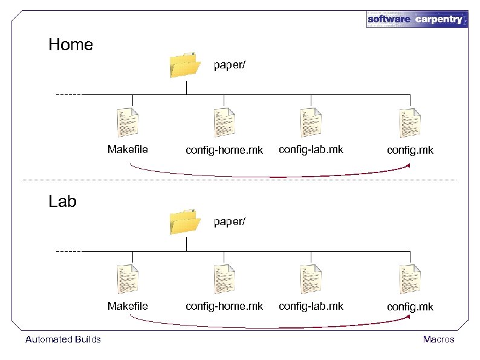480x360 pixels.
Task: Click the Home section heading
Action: [71, 45]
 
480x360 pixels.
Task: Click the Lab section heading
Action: [62, 201]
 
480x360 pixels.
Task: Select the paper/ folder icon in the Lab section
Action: [184, 221]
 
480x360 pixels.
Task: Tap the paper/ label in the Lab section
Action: [230, 221]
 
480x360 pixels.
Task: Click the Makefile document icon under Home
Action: [128, 122]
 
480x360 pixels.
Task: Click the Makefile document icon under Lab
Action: [128, 279]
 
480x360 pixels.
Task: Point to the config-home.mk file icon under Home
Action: [224, 122]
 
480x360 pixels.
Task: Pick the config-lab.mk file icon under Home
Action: [311, 122]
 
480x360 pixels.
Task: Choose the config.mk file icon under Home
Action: [410, 122]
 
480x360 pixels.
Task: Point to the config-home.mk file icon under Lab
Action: [224, 279]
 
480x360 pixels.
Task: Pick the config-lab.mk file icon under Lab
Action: [311, 279]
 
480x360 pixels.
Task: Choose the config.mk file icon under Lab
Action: [410, 279]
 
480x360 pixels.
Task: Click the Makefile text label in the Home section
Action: [128, 149]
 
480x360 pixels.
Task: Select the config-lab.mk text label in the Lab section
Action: [311, 306]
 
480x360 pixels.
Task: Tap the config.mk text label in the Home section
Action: [410, 150]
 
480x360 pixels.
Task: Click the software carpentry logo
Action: [417, 19]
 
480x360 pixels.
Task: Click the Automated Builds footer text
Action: [63, 339]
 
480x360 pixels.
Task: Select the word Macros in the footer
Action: [438, 339]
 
